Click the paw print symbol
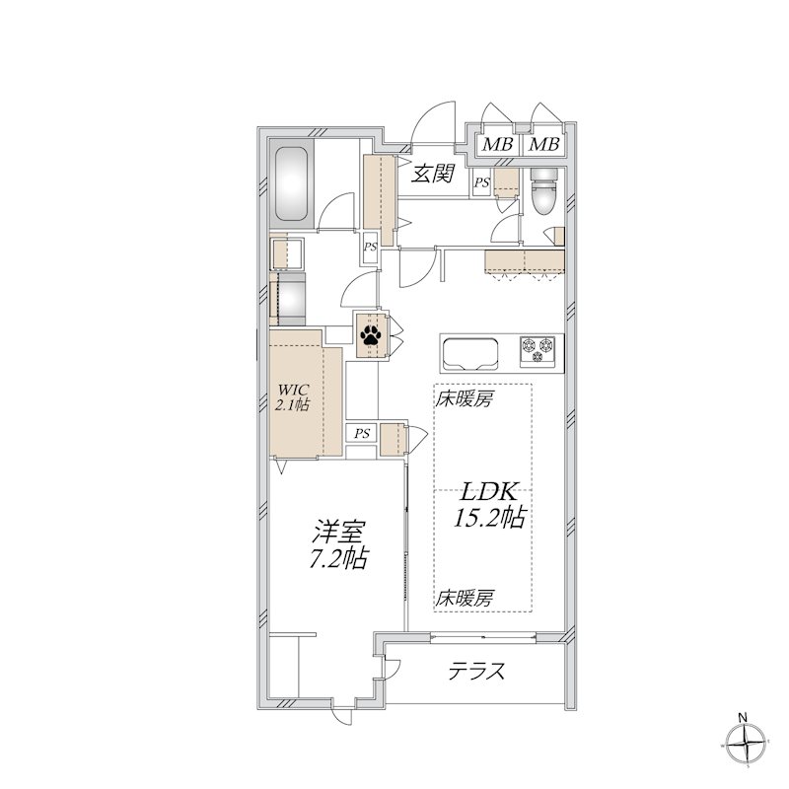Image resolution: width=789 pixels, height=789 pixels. (x=371, y=334)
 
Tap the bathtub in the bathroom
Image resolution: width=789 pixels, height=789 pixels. (x=291, y=183)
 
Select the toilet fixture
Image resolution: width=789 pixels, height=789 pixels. (x=544, y=191)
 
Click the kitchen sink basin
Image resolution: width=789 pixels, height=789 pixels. (x=470, y=352)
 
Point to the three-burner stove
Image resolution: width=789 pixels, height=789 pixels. (x=538, y=350)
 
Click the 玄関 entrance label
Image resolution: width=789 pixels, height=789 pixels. (x=433, y=174)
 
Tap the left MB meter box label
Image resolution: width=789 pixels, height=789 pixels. (x=497, y=144)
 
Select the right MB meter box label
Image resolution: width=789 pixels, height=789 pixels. (x=543, y=144)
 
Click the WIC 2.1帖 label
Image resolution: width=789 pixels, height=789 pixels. (x=292, y=397)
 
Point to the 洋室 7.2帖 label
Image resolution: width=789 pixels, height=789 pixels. (x=338, y=544)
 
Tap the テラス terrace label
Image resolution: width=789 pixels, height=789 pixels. (x=476, y=671)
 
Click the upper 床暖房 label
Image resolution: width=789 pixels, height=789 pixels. (x=464, y=399)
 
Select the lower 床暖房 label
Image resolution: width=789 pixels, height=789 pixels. (x=464, y=598)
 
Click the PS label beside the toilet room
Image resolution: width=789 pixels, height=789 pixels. (x=481, y=183)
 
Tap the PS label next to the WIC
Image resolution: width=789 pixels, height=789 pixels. (x=362, y=433)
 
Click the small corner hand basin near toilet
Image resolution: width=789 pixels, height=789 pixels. (x=556, y=235)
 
